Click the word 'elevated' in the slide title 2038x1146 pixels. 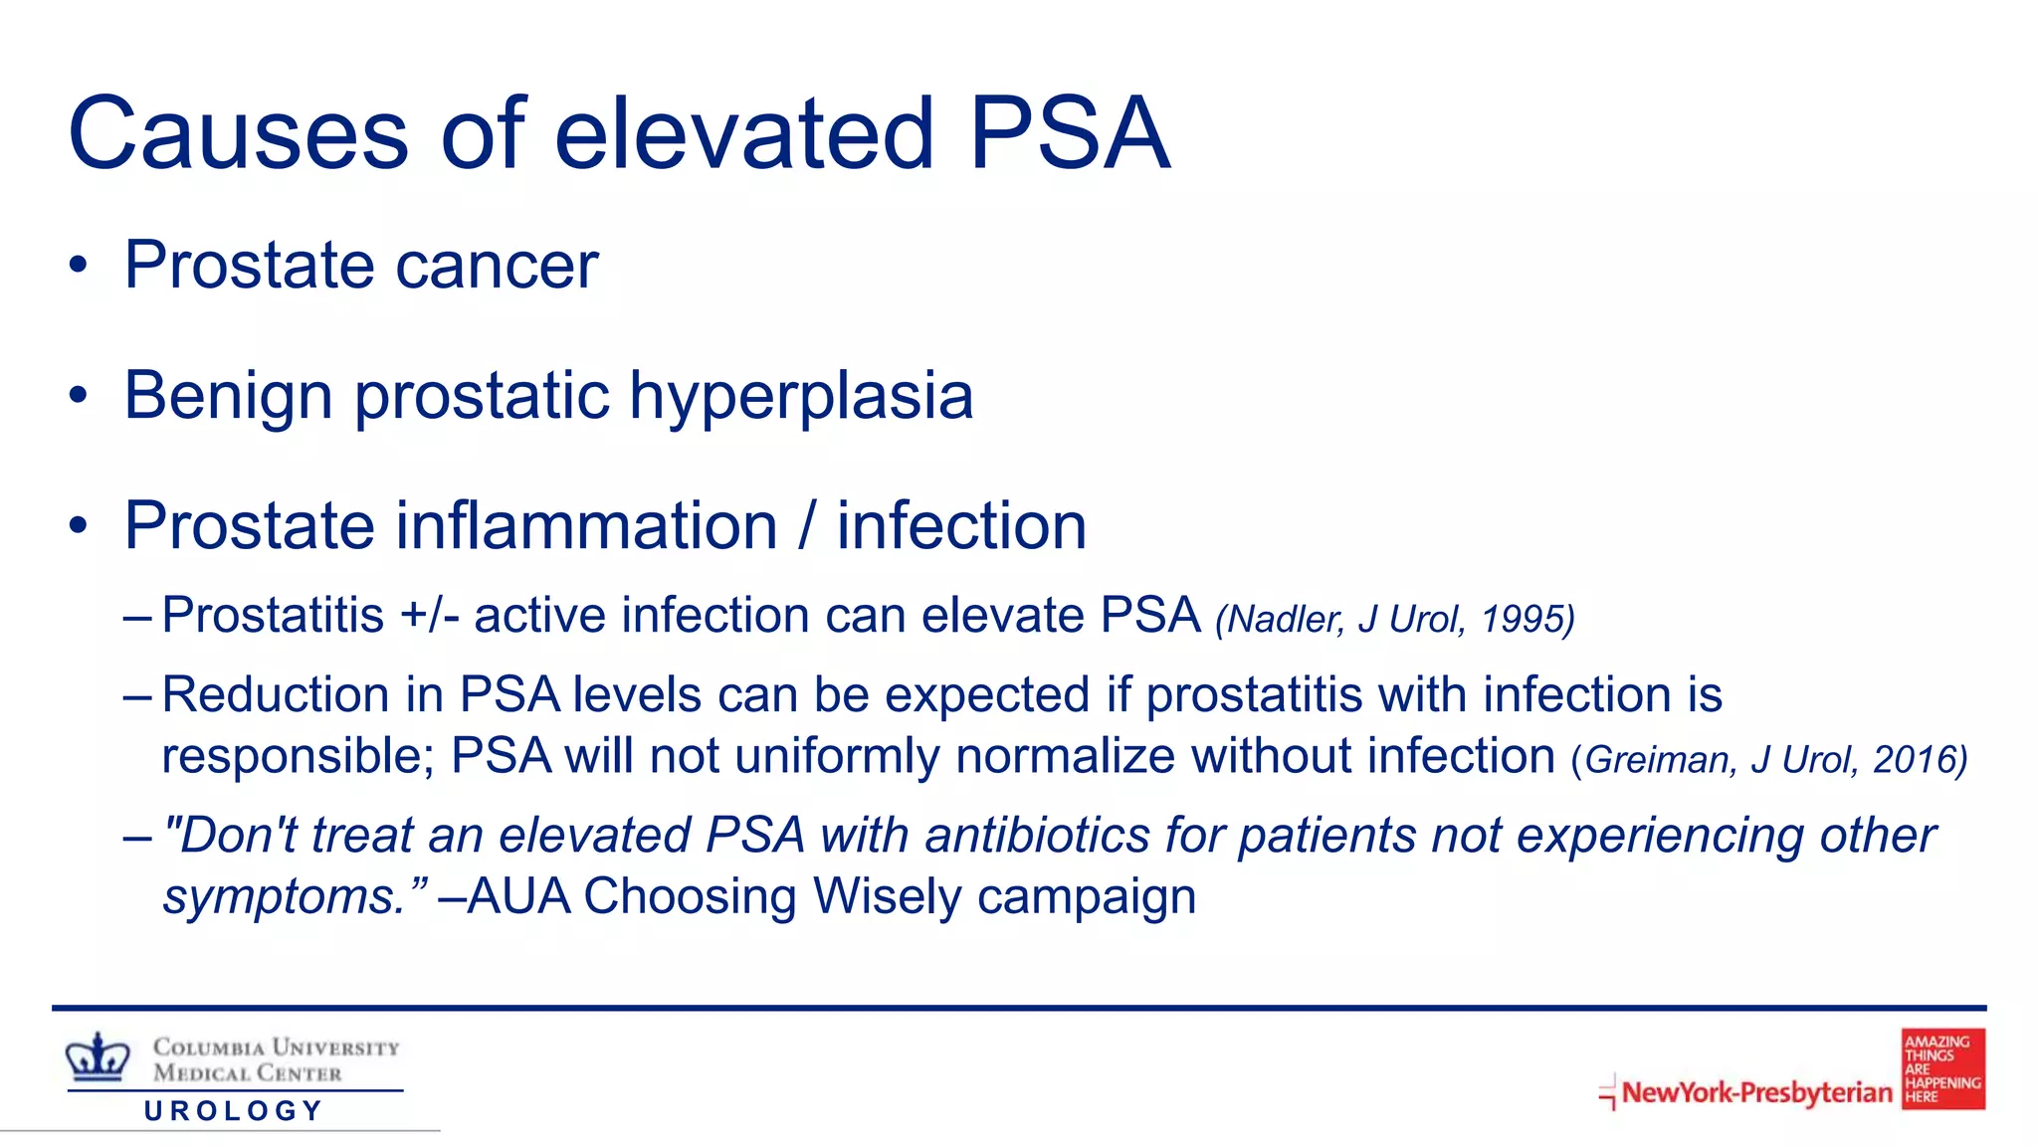(743, 134)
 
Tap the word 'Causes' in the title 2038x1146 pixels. (238, 134)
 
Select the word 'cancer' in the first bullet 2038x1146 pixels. (497, 267)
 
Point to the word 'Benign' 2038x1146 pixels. (228, 397)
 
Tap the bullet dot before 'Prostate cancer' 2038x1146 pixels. (79, 267)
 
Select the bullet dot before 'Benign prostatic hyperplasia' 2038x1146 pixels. (79, 397)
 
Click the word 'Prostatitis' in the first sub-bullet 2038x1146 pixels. (273, 615)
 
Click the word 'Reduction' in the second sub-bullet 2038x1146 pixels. (275, 694)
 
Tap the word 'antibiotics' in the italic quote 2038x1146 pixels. (1038, 836)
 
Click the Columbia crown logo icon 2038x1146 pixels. (98, 1057)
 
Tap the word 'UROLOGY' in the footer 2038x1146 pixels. (234, 1111)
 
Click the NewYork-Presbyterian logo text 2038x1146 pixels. (1756, 1092)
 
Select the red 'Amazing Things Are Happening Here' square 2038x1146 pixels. (1942, 1069)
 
